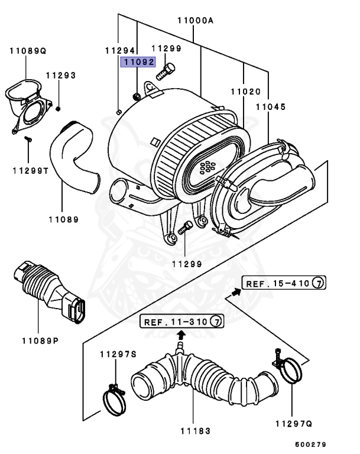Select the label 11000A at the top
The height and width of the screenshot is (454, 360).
tap(194, 20)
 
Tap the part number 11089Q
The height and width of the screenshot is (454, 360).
tap(27, 51)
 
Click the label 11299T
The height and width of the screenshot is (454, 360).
tap(30, 170)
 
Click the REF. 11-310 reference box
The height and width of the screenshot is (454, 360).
tap(182, 322)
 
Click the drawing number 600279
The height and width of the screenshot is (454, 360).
tap(311, 444)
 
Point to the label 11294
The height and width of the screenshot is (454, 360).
tap(120, 51)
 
